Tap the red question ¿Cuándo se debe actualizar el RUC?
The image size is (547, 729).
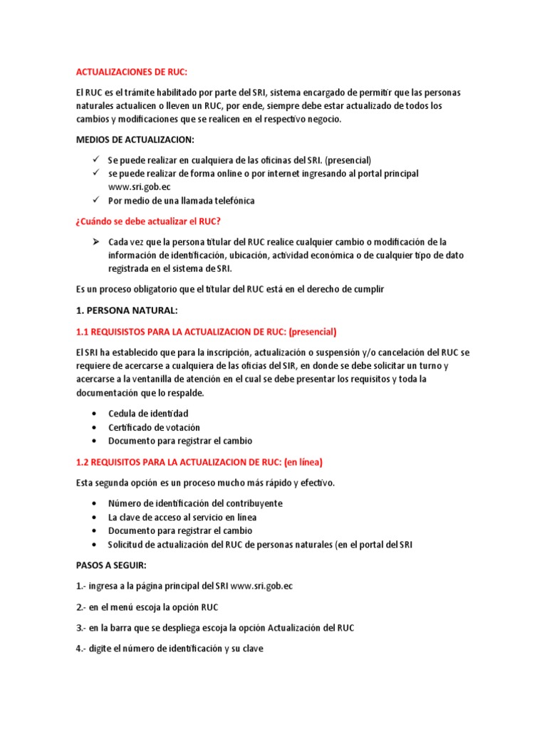pyautogui.click(x=153, y=221)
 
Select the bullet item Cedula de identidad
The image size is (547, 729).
pyautogui.click(x=148, y=414)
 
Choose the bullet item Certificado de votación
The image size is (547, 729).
pyautogui.click(x=154, y=427)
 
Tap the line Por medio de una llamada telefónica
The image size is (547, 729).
pyautogui.click(x=181, y=201)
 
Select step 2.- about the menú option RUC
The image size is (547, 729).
pyautogui.click(x=147, y=607)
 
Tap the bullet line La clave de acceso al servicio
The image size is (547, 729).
pyautogui.click(x=182, y=517)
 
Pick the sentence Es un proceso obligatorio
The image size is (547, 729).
pyautogui.click(x=231, y=290)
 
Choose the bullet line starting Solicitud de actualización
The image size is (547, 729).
pyautogui.click(x=261, y=545)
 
